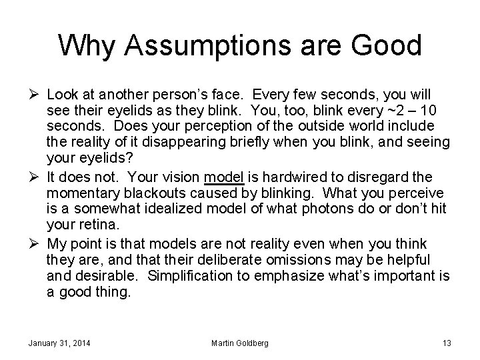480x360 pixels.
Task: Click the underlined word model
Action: click(x=224, y=177)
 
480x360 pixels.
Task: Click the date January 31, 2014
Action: click(x=59, y=343)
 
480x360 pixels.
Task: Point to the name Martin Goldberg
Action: click(x=240, y=343)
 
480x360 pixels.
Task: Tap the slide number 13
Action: click(x=447, y=343)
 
